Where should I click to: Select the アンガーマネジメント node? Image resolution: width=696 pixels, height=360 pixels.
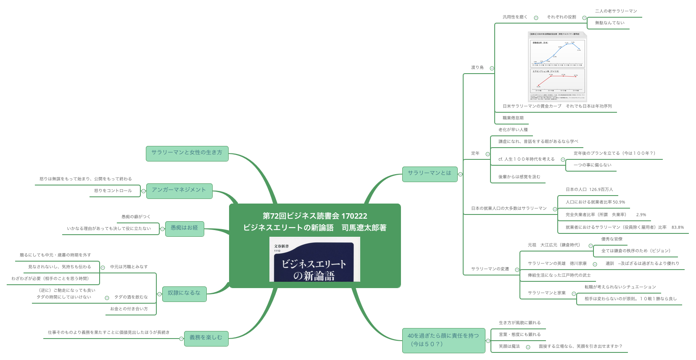(x=179, y=191)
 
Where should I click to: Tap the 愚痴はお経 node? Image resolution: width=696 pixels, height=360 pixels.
(x=184, y=228)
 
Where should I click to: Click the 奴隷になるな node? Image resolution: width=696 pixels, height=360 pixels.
(x=184, y=294)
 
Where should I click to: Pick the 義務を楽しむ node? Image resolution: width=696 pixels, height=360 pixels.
(x=206, y=338)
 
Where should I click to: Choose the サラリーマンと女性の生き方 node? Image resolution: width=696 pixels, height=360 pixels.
(x=187, y=153)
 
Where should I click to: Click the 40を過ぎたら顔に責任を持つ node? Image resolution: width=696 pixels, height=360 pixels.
(x=443, y=340)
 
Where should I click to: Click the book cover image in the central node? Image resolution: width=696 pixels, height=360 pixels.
(x=314, y=259)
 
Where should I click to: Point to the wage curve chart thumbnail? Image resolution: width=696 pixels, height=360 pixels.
(x=557, y=66)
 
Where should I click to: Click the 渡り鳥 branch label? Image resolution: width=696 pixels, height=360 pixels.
(x=477, y=68)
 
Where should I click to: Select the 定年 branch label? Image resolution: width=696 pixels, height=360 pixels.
(x=475, y=154)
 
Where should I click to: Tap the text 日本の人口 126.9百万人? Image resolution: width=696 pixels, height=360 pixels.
(x=589, y=190)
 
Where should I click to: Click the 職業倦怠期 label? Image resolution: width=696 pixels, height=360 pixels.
(x=513, y=118)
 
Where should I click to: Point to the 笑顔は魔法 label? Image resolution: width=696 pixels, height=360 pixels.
(x=509, y=347)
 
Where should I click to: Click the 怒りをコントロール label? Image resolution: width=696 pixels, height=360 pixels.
(x=113, y=191)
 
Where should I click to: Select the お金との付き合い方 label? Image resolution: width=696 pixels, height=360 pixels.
(x=129, y=309)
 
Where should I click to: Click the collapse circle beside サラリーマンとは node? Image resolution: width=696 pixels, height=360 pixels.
(x=461, y=174)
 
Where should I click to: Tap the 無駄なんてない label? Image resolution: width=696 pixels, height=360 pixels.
(x=609, y=23)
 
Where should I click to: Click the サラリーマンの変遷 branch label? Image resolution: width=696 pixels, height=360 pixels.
(x=490, y=269)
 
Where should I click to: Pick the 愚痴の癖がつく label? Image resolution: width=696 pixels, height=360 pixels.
(x=136, y=217)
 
